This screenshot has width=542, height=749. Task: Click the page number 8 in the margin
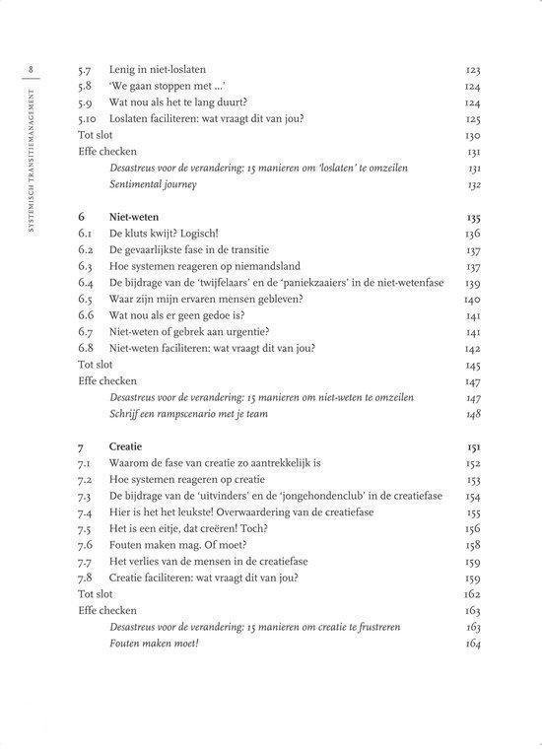pos(34,68)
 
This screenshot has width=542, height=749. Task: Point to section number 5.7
pos(87,72)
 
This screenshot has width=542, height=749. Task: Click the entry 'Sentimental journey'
pos(153,184)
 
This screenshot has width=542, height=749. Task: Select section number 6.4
pos(87,283)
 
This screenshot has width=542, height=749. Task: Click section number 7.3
pos(87,496)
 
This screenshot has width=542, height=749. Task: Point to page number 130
pos(472,136)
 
